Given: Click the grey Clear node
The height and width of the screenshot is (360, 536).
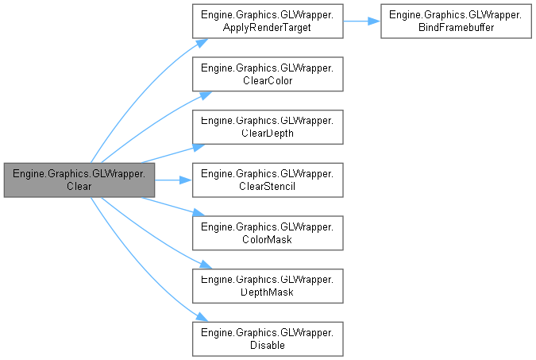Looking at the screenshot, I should (79, 180).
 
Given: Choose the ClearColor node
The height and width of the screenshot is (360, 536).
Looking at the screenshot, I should (267, 74).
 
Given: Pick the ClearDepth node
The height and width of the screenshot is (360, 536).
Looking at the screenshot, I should (267, 127).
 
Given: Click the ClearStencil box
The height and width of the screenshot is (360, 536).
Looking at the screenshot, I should (267, 180).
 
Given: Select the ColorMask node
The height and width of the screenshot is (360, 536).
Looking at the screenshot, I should (267, 233).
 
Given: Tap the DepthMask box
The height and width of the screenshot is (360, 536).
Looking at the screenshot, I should (267, 286).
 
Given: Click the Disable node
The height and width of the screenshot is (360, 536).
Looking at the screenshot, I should (267, 339).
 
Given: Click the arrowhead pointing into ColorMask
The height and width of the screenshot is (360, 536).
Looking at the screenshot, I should (199, 214).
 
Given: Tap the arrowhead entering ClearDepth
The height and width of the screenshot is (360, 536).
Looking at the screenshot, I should (199, 146).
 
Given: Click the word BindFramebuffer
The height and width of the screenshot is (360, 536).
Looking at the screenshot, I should (455, 28).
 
